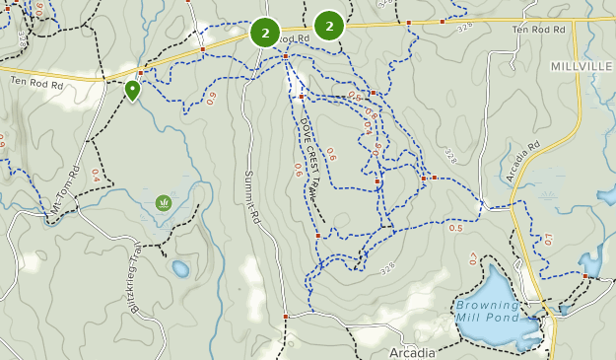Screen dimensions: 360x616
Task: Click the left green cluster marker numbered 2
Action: (x=265, y=33)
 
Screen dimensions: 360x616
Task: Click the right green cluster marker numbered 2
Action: (x=329, y=26)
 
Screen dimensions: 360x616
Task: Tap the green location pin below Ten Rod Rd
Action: (x=132, y=91)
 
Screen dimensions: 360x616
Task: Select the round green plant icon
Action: (x=163, y=203)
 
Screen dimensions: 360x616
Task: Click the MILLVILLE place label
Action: (x=582, y=65)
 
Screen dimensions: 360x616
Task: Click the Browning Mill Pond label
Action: (x=487, y=311)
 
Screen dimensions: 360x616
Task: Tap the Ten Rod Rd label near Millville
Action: (x=538, y=30)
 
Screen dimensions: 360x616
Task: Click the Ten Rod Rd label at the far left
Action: (x=36, y=86)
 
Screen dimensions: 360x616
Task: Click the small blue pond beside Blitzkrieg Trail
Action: (x=180, y=268)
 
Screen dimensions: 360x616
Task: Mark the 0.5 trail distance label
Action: (x=455, y=228)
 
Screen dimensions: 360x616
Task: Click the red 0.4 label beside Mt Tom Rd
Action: (x=96, y=175)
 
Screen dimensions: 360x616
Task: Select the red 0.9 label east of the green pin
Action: (x=211, y=97)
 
